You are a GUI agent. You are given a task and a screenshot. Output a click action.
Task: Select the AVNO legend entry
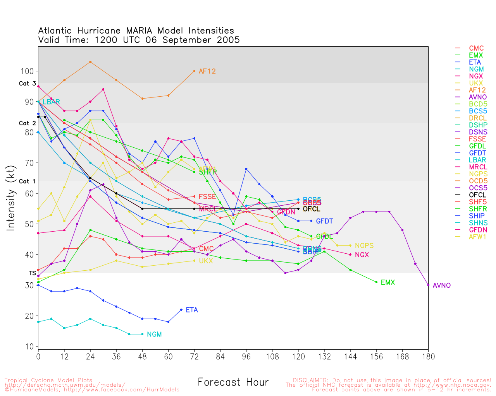pyautogui.click(x=478, y=97)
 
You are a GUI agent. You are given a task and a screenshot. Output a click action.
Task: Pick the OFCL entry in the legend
pyautogui.click(x=477, y=195)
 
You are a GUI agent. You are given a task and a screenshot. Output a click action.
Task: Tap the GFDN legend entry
pyautogui.click(x=478, y=230)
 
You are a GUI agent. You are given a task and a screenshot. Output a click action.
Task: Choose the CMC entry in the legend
pyautogui.click(x=476, y=48)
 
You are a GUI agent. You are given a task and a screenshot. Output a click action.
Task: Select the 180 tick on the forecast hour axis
pyautogui.click(x=428, y=357)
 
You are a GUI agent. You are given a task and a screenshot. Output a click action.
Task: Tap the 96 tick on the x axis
pyautogui.click(x=246, y=357)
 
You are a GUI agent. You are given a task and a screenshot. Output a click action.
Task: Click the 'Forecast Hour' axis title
pyautogui.click(x=233, y=382)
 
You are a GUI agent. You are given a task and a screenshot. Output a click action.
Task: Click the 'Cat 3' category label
pyautogui.click(x=27, y=84)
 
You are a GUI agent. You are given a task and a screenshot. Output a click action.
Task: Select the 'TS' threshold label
pyautogui.click(x=32, y=273)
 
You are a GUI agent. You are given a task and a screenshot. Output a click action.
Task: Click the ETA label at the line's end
pyautogui.click(x=192, y=310)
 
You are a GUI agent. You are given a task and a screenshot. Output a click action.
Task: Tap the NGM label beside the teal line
pyautogui.click(x=154, y=335)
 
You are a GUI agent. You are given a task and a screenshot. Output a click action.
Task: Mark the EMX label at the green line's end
pyautogui.click(x=387, y=282)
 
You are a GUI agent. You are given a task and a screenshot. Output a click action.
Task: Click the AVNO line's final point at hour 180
pyautogui.click(x=428, y=285)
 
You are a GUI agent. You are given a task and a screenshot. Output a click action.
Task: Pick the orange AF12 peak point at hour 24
pyautogui.click(x=90, y=62)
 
